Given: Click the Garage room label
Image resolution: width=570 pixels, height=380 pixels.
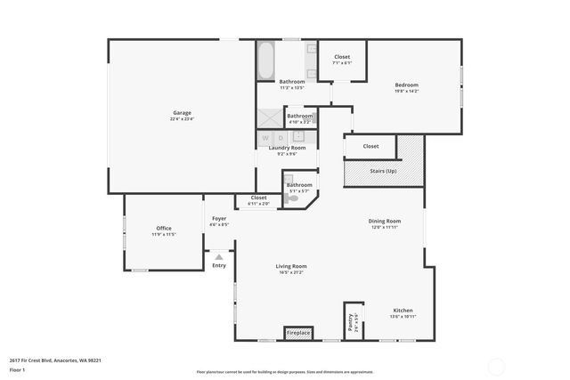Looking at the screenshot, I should click(182, 113).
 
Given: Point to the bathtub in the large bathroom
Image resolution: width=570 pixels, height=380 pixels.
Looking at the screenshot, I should click(265, 61).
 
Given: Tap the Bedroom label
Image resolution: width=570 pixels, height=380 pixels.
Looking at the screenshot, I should click(406, 85).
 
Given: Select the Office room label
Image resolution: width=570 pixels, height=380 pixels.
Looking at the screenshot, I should click(164, 229).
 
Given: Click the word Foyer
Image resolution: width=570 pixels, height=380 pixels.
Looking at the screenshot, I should click(219, 218).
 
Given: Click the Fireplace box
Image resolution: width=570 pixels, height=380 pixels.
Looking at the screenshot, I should click(298, 333).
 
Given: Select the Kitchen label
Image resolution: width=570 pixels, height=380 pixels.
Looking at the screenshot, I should click(403, 311).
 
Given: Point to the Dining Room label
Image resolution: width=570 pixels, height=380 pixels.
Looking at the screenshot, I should click(385, 221).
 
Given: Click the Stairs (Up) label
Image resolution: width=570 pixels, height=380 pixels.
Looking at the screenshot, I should click(383, 170).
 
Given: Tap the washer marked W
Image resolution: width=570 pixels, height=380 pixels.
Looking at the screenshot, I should click(265, 137).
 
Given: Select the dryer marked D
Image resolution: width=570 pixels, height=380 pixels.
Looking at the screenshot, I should click(281, 137).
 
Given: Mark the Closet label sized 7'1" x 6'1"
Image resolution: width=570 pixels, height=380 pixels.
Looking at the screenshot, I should click(342, 57).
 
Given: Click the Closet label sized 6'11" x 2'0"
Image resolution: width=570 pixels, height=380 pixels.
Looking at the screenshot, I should click(258, 198).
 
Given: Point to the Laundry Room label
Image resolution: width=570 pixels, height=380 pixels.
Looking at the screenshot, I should click(287, 148).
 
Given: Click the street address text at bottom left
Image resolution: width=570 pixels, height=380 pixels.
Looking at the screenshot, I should click(55, 360).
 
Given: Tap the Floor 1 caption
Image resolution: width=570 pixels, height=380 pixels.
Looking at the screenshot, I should click(17, 368).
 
